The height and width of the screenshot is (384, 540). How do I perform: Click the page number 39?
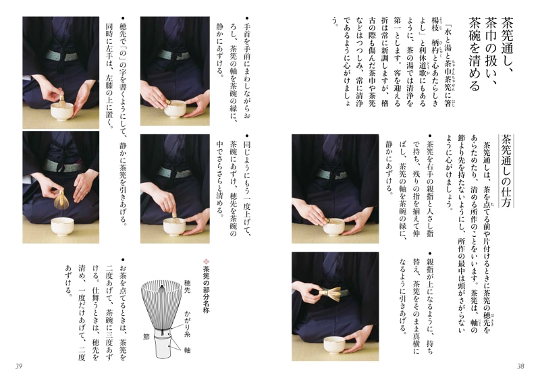[x=19, y=366]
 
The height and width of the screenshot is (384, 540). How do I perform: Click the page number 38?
[x=520, y=366]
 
